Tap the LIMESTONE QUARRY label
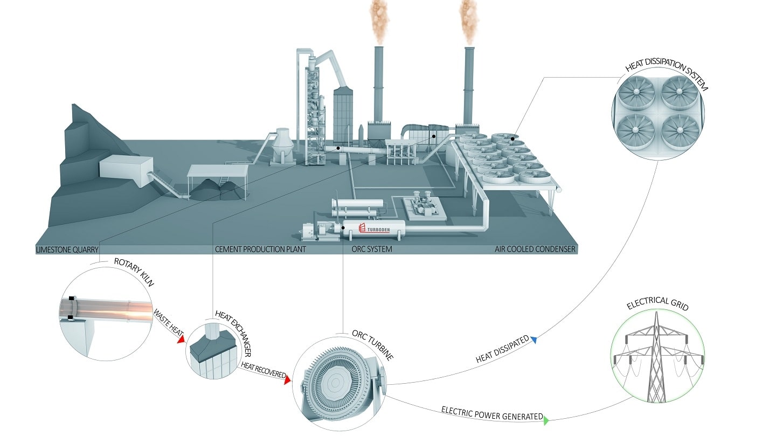tap(67, 250)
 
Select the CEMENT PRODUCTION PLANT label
tap(260, 250)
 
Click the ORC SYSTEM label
tap(372, 250)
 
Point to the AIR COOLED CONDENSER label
tap(535, 250)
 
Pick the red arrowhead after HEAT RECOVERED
tap(287, 380)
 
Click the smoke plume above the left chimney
tap(378, 22)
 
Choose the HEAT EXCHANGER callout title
tap(232, 332)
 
